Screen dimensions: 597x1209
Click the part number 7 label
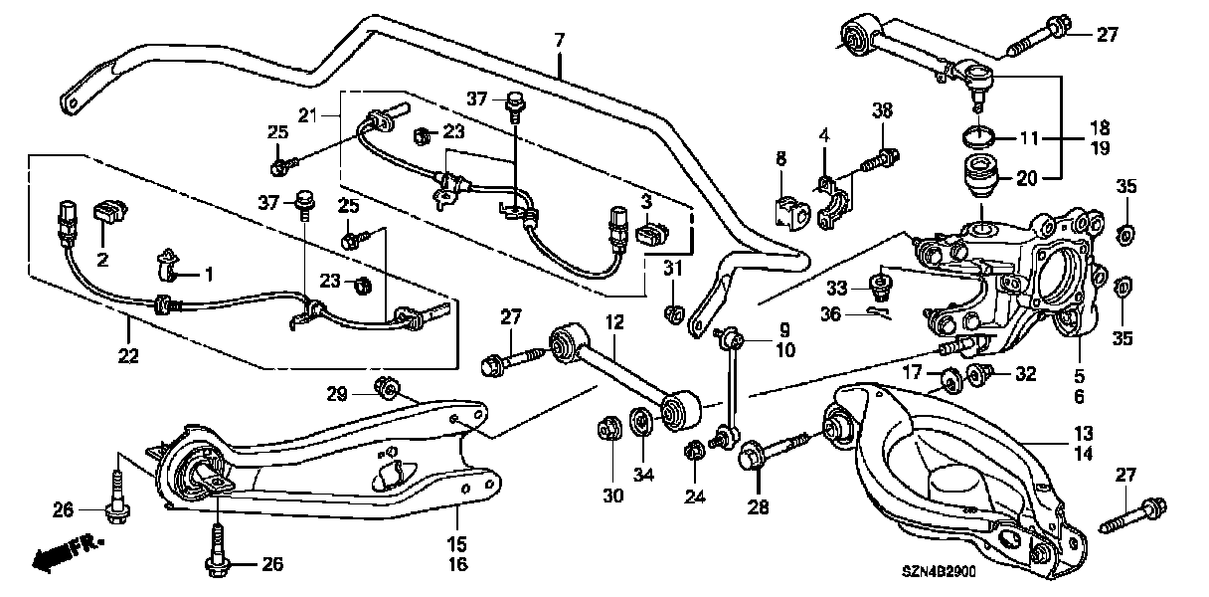pyautogui.click(x=559, y=40)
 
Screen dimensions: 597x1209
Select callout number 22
pyautogui.click(x=128, y=355)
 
